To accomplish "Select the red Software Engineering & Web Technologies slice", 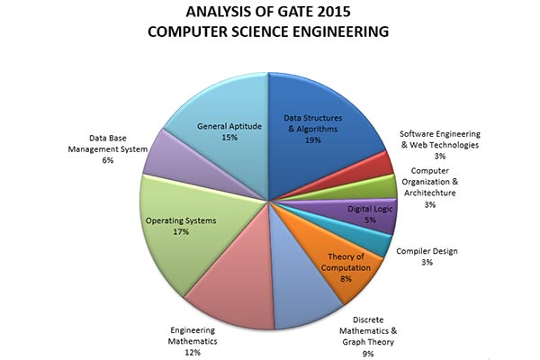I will point(376,164).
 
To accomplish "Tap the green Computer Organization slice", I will point(382,186).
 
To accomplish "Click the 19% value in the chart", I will point(312,141).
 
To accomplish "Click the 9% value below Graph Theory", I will point(368,354).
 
